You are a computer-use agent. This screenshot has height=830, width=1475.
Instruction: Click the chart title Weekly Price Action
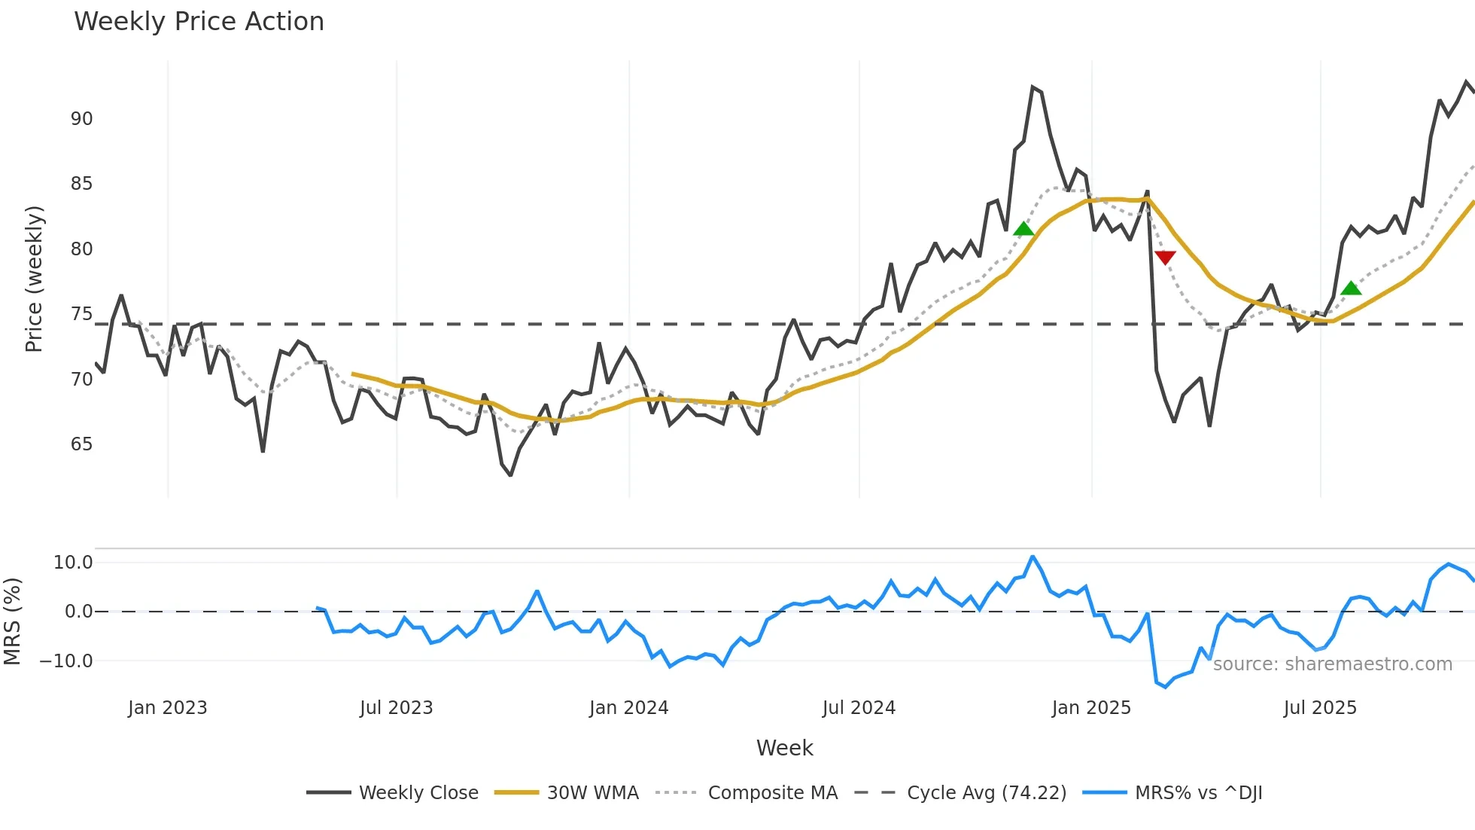[x=199, y=22]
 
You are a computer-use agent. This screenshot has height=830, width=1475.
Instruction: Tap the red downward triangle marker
[x=1165, y=258]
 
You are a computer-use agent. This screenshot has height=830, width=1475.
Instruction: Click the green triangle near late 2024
[x=1023, y=229]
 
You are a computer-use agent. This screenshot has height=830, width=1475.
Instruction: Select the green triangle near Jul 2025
[x=1351, y=288]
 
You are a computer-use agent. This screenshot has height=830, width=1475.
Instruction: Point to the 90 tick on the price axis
[x=82, y=119]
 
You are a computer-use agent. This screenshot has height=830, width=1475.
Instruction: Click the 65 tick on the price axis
[x=82, y=444]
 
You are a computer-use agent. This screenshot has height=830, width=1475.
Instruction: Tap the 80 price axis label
[x=82, y=249]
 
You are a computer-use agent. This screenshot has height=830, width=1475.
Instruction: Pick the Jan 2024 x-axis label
[x=628, y=708]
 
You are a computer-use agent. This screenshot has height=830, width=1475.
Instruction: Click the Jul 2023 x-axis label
[x=396, y=708]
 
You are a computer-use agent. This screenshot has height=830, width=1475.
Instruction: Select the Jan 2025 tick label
[x=1091, y=708]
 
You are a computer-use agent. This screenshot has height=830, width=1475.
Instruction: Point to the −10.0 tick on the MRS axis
[x=66, y=661]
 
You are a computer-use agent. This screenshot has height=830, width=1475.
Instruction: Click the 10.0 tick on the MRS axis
[x=73, y=563]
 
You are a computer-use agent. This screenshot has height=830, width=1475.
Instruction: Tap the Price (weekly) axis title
[x=35, y=279]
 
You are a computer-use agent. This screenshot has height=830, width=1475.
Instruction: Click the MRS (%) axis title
[x=12, y=621]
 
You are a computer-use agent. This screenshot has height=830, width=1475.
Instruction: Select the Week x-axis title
[x=784, y=748]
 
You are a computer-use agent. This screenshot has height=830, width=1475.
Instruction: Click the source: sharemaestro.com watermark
[x=1332, y=664]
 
